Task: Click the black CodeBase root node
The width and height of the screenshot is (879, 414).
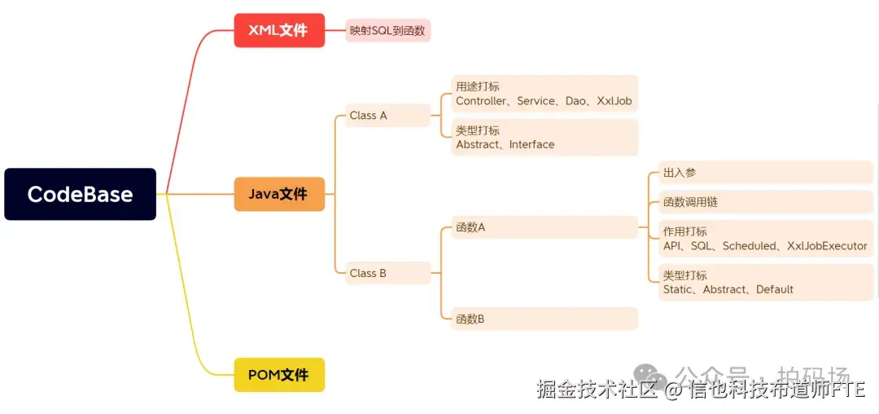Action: pos(80,194)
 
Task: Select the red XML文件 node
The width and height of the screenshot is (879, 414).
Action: pos(279,30)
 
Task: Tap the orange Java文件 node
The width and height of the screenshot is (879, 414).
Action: pos(279,194)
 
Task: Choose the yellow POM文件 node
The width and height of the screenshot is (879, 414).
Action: pos(279,375)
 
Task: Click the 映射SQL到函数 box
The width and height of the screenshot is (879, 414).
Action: pos(387,30)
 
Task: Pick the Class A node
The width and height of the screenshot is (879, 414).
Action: pos(369,115)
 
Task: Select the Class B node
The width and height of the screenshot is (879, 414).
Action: pos(369,273)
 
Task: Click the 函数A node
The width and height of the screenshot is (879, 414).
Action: pos(471,227)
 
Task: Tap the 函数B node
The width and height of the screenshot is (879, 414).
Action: pos(471,319)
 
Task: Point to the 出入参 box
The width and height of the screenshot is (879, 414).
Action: pos(680,173)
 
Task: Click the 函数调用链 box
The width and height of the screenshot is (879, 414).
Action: pos(690,202)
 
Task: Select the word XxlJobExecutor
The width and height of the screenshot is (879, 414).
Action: pos(827,245)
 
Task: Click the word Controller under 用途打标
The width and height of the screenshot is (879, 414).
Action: pos(482,101)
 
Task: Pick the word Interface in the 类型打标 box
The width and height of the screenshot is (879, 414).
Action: pos(531,144)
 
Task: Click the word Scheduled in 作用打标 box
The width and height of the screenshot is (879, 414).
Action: pos(749,245)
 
